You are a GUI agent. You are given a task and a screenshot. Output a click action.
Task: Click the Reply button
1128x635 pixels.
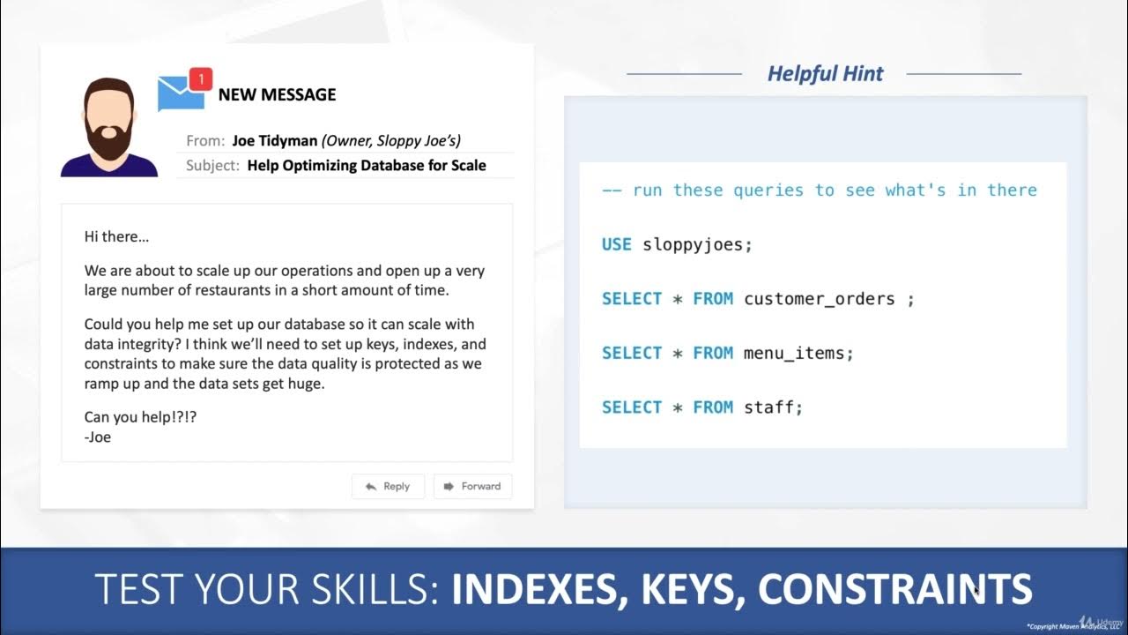tap(388, 486)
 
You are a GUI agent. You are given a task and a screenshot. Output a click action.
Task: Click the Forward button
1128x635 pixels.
tap(472, 486)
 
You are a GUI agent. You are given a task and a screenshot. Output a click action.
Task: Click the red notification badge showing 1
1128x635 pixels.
tap(201, 80)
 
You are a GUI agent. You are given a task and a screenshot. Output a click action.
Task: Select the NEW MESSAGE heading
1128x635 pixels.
tap(277, 94)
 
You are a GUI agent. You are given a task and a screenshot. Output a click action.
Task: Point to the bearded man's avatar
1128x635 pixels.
tap(108, 128)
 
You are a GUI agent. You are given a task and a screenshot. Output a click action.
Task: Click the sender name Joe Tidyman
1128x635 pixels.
tap(274, 140)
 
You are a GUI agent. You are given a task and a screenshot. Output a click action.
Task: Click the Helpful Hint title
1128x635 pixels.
tap(825, 74)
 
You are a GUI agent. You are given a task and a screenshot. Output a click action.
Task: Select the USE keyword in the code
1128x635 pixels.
tap(617, 244)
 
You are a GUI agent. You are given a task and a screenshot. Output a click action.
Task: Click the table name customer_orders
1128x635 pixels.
tap(819, 299)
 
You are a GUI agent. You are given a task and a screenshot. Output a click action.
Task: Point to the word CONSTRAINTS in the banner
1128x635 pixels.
tap(894, 589)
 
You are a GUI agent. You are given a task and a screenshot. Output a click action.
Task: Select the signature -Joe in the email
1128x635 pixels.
tap(98, 437)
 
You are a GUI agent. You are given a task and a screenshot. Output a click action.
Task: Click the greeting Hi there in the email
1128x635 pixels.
tap(117, 236)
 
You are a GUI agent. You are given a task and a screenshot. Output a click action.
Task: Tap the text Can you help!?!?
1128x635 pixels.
tap(140, 416)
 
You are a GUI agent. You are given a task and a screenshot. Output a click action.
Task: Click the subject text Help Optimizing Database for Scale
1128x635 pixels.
tap(367, 165)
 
